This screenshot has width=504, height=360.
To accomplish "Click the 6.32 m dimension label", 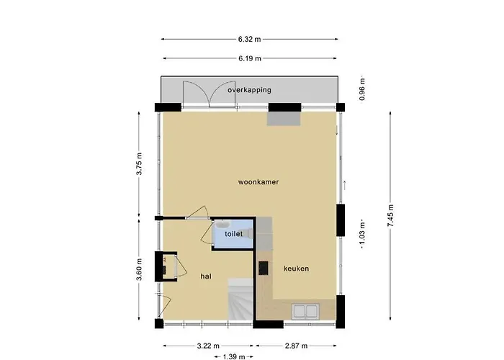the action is [x=249, y=39].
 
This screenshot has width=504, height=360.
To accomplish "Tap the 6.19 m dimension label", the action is [x=250, y=58].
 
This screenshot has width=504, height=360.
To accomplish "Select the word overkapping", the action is [x=249, y=90].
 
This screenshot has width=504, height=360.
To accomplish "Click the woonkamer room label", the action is [x=258, y=182].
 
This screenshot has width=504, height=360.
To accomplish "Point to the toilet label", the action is [x=234, y=234].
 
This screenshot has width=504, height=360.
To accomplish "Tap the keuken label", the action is [x=297, y=269].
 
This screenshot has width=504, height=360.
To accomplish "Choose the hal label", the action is [x=206, y=276].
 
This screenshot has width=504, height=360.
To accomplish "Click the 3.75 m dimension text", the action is [x=139, y=163].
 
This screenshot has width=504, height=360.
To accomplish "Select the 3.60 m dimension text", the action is [x=139, y=269].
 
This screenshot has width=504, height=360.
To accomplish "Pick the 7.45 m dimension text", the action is [x=390, y=216].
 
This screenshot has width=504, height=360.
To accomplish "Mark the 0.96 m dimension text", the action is [x=362, y=89].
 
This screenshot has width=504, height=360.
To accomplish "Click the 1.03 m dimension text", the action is [x=362, y=235].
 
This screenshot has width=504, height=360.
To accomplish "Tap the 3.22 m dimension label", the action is [x=208, y=346].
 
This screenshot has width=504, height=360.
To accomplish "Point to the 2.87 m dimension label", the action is [x=296, y=346].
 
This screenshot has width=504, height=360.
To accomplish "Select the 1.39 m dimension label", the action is [x=234, y=356].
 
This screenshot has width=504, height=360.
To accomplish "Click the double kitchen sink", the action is [x=305, y=311].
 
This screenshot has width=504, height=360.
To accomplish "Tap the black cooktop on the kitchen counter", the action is [x=264, y=268].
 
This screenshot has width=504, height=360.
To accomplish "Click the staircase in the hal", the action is [x=240, y=300].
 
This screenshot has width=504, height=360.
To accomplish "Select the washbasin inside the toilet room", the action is [x=221, y=224].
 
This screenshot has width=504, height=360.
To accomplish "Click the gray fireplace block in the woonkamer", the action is [x=284, y=118].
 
